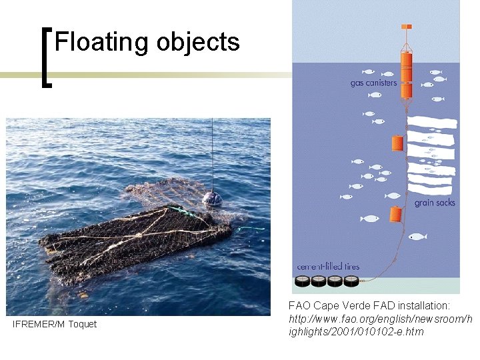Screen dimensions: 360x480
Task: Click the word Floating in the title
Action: click(x=101, y=42)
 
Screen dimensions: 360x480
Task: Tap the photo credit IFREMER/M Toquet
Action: click(x=55, y=324)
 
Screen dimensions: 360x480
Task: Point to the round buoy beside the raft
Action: click(x=212, y=199)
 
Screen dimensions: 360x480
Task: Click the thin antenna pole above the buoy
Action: click(x=213, y=153)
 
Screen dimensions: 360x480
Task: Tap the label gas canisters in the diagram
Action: click(x=373, y=83)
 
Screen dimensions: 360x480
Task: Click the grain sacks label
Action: click(x=435, y=202)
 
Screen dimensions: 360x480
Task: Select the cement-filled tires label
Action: click(x=328, y=267)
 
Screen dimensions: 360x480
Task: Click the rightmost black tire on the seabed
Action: click(x=351, y=281)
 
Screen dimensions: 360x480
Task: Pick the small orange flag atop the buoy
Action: click(x=405, y=27)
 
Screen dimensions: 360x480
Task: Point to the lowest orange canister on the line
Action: click(x=395, y=215)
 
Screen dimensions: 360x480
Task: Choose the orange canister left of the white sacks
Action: click(x=397, y=143)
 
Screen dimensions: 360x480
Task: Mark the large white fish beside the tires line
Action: click(x=417, y=236)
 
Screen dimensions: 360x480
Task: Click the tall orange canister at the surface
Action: click(x=405, y=67)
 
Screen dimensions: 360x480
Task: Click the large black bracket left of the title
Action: click(x=46, y=57)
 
